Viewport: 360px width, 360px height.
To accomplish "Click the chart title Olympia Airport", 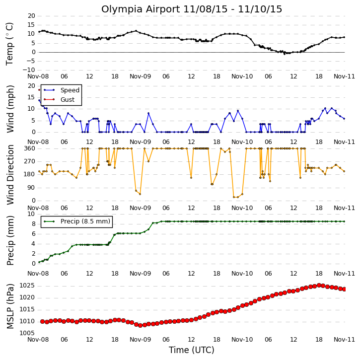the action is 141,9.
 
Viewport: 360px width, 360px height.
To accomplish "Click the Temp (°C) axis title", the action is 9,44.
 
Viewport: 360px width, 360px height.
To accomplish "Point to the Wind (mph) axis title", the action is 10,109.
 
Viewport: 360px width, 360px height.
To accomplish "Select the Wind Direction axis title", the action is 10,175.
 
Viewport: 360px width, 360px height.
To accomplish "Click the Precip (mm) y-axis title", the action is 10,241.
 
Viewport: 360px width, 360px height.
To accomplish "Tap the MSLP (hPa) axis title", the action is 10,306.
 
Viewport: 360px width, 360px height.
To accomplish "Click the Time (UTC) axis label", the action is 192,350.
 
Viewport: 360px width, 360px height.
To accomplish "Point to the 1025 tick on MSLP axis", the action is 27,286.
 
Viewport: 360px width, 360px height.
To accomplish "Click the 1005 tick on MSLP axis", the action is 27,333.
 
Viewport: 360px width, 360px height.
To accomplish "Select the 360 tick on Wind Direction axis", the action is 30,148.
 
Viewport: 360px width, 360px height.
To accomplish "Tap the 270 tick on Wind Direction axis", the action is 30,161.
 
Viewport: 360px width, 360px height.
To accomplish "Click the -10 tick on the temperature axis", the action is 29,70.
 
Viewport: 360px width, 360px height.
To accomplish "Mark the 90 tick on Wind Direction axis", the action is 31,188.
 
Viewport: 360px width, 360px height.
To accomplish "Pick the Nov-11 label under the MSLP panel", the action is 344,340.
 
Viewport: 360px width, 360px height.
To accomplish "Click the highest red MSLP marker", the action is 319,286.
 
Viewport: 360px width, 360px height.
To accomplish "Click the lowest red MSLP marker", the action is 141,325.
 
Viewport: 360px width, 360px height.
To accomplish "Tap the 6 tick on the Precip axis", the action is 34,234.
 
